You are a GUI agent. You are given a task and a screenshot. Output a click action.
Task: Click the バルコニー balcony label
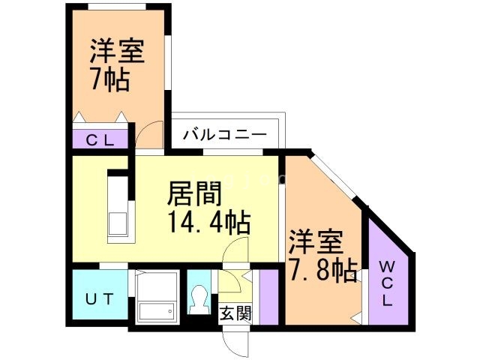point(224,136)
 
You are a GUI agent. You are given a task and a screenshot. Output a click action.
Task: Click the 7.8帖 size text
point(322,269)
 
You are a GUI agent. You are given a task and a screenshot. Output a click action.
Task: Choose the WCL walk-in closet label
point(387,283)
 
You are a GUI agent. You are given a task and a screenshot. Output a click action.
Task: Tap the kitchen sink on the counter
point(118,223)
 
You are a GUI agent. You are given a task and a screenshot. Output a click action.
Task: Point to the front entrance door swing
point(236,341)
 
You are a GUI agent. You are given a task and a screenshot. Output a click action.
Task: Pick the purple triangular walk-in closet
point(387,277)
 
